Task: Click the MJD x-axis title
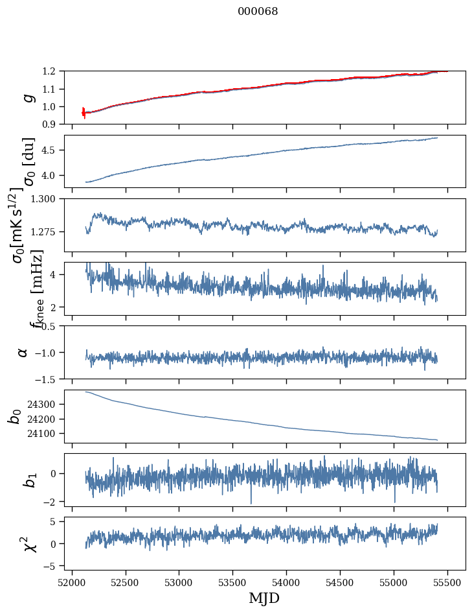click(x=264, y=598)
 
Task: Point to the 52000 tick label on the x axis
click(x=72, y=582)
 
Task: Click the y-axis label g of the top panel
click(x=27, y=97)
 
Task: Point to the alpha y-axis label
click(x=23, y=352)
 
